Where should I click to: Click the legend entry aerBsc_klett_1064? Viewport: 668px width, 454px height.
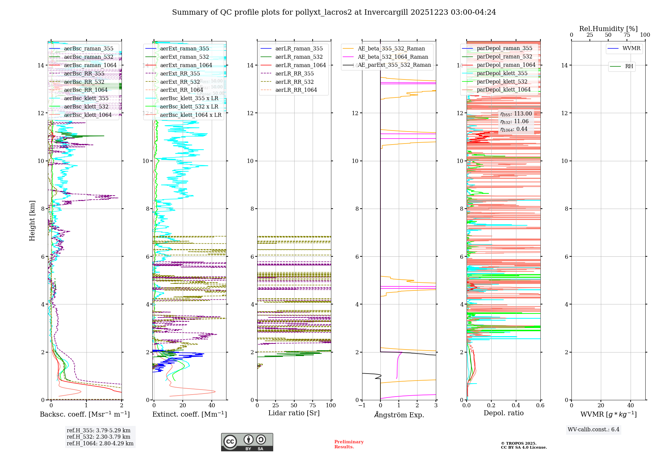pos(88,115)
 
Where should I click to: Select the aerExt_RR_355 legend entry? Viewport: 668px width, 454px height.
pos(180,73)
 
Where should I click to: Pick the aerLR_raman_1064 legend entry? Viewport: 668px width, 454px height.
pos(301,65)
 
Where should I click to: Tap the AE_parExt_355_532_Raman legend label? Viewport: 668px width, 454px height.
pos(394,65)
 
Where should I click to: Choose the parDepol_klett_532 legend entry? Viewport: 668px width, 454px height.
pos(502,81)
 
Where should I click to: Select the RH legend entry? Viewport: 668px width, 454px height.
pos(629,66)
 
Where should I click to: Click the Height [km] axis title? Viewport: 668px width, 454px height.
pos(32,221)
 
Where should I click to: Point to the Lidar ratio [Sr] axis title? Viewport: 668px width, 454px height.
pos(294,413)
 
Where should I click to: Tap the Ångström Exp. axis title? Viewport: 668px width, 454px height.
pos(399,415)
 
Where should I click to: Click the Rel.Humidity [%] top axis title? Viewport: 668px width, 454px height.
pos(608,29)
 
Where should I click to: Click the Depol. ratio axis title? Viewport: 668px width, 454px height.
pos(503,413)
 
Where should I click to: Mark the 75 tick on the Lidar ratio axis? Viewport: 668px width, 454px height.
pos(313,405)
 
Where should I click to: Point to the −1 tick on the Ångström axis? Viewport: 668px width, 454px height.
pos(362,405)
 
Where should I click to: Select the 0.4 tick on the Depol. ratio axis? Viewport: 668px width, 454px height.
pos(516,405)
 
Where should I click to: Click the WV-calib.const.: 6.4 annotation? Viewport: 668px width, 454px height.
pos(593,429)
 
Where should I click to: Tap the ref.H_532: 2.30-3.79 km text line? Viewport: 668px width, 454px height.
pos(99,437)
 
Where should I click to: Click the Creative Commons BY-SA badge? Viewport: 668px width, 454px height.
pos(247,442)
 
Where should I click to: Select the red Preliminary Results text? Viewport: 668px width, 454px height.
pos(349,444)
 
